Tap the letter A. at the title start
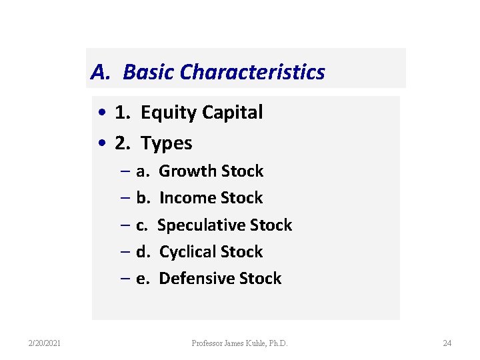coord(100,71)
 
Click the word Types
coord(167,143)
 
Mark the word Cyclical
coord(187,252)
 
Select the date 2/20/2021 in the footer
coord(45,343)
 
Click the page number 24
coord(447,343)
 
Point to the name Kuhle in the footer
coord(255,343)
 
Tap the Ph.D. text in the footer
coord(278,343)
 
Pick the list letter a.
coord(143,171)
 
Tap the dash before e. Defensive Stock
coord(126,279)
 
